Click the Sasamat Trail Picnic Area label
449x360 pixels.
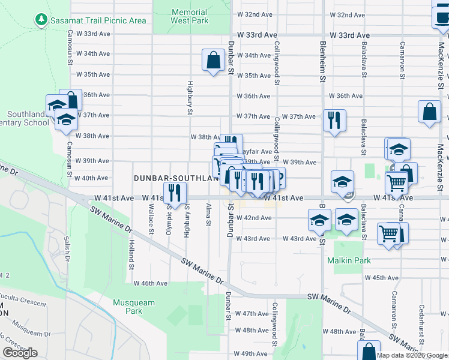coord(98,20)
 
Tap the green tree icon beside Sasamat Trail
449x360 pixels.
coord(41,20)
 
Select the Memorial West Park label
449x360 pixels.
coord(189,16)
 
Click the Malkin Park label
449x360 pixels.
coord(349,260)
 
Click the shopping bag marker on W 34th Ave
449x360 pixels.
coord(212,60)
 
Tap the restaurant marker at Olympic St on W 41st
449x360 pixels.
coord(174,192)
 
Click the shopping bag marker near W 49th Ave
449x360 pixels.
coord(370,350)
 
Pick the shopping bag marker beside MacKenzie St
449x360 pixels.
coord(430,112)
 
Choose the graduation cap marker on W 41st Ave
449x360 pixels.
coord(342,181)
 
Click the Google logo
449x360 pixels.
coord(20,353)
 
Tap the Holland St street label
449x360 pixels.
coord(130,254)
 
